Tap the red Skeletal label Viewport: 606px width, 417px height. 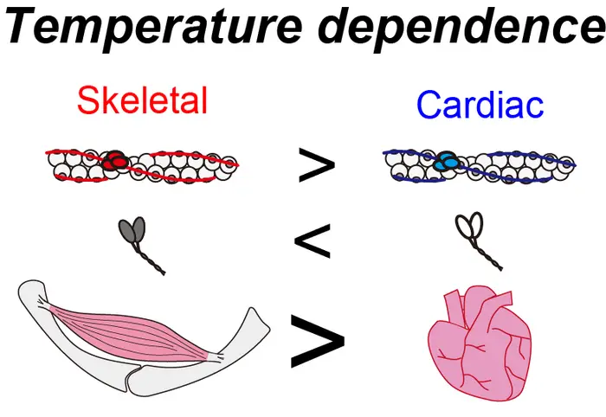point(142,101)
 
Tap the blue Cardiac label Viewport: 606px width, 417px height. point(480,106)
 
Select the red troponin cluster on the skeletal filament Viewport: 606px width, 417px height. point(113,162)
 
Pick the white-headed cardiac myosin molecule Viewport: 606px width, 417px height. point(469,228)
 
